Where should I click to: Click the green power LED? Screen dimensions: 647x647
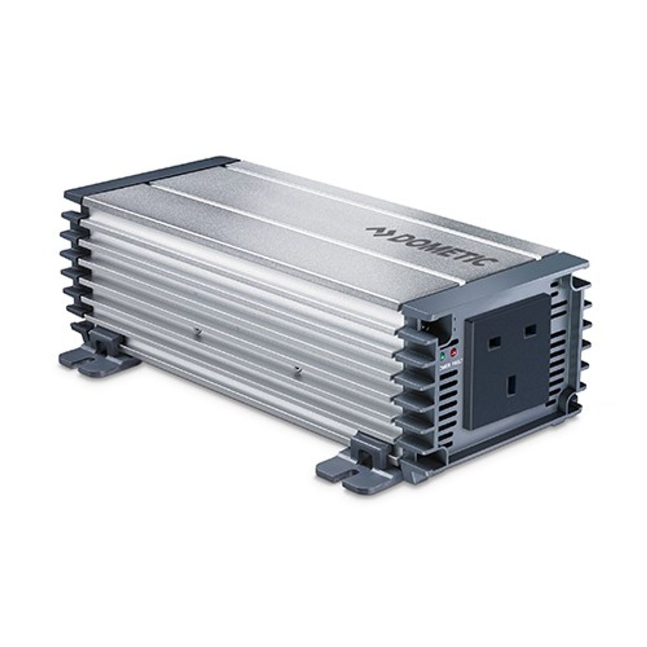443,356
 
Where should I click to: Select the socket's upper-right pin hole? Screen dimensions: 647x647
529,329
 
